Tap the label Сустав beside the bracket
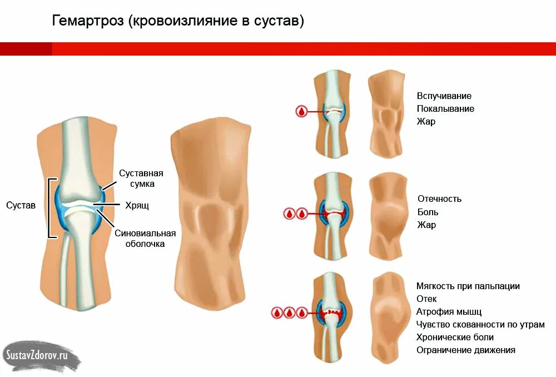point(21,205)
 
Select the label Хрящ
point(137,205)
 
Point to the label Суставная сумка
point(141,178)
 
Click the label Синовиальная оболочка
point(145,238)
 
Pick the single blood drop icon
point(301,111)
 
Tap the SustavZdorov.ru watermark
point(37,354)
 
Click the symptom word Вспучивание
point(444,96)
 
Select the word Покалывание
point(445,108)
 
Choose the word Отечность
point(439,199)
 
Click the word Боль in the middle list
point(428,212)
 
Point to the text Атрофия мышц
point(449,311)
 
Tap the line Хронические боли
point(455,337)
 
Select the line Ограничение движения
point(465,350)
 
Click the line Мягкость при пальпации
point(468,286)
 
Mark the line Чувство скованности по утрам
point(480,324)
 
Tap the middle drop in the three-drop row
point(289,313)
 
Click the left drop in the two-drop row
point(289,213)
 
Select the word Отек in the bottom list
point(426,299)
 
